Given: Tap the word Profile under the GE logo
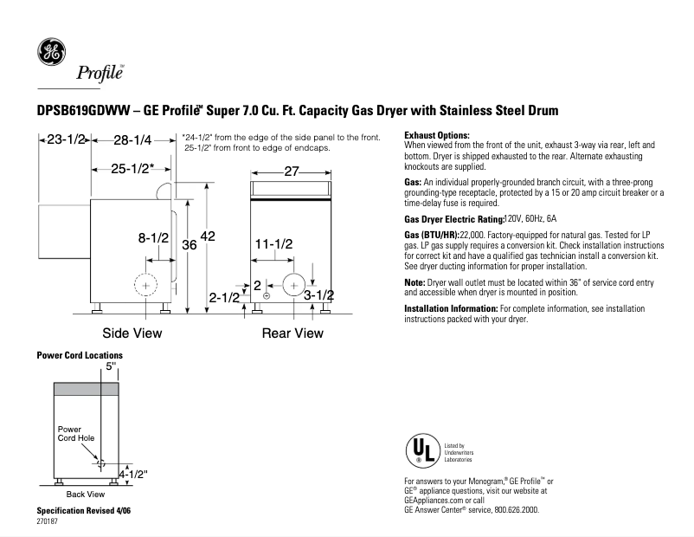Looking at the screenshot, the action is [100, 73].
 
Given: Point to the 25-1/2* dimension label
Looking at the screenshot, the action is [132, 168].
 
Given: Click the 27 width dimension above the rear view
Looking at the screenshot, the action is [292, 171].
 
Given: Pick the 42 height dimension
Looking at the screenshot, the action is [208, 236].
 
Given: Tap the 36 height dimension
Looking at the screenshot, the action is [190, 246].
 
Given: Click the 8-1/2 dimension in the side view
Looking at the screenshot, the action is [153, 236].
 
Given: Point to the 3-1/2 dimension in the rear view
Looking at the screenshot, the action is [318, 295].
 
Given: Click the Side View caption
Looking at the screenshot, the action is [132, 333].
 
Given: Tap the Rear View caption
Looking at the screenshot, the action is [292, 333].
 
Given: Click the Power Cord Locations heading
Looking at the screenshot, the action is [80, 355].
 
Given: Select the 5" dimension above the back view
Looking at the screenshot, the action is [110, 366].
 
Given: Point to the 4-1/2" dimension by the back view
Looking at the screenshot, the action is [133, 474].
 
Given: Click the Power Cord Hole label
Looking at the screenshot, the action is [76, 434].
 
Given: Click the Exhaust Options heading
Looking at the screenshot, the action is [437, 136].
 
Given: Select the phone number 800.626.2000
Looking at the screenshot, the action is [509, 511].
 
